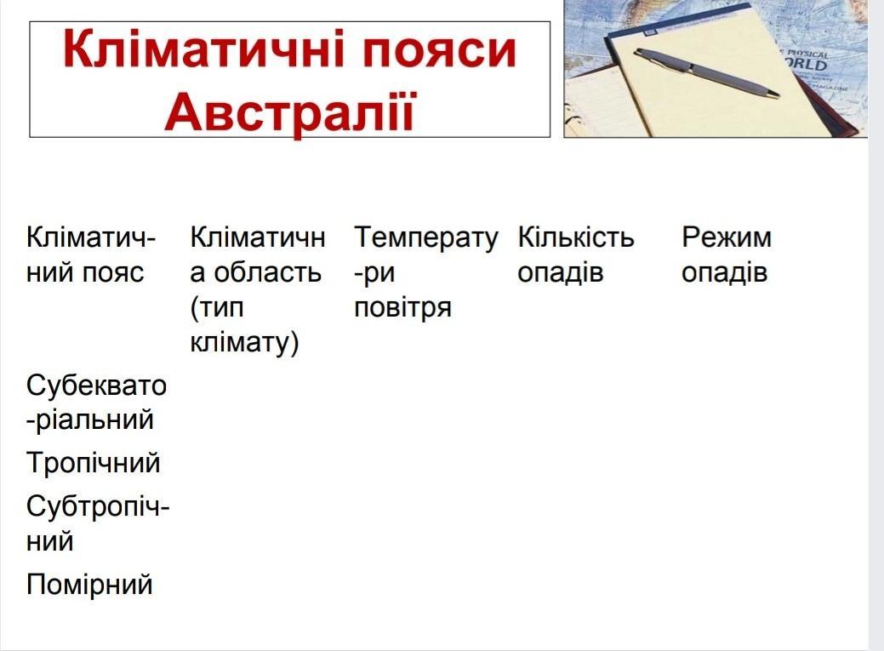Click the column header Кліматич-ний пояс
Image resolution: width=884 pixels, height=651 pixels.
point(90,254)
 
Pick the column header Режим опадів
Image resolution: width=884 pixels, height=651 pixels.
point(726,255)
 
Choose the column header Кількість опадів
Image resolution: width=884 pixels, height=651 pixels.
point(576,254)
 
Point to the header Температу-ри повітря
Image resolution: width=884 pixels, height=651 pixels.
point(426,272)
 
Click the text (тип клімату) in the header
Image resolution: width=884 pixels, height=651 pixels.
point(245,325)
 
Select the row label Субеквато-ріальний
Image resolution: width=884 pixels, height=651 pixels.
point(96,403)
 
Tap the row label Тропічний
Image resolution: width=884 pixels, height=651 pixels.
point(94,464)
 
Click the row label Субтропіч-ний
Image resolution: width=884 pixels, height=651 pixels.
point(98,523)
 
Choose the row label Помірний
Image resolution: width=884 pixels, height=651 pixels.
point(89,585)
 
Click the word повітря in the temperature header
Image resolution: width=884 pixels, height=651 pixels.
point(402,308)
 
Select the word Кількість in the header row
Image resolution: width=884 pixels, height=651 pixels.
point(576,237)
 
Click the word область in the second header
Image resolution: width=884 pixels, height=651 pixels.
point(267,272)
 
